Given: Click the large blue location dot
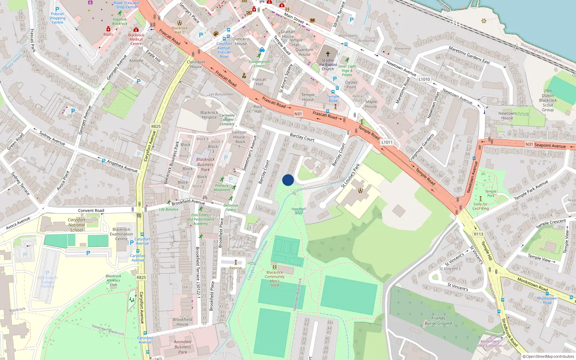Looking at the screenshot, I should pos(288,180).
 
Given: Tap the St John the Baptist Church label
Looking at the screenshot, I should pos(328,64).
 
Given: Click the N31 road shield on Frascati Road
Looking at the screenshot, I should pos(298,114).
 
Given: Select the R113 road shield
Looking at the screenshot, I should pos(478,234).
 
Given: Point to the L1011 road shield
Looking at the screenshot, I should pos(387,142).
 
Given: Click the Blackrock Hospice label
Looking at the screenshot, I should pos(209,115).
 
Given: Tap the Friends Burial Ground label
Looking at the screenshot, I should pos(438,320).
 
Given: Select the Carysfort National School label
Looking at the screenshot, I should pos(76,225).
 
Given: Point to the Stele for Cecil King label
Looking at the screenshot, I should pos(481,206).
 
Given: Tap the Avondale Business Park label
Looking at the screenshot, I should pos(183,347).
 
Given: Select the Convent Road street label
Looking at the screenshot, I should pos(91,211).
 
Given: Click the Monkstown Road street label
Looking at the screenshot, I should pos(532,284).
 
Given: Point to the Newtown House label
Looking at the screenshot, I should pos(507,116).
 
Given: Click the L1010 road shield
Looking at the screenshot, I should pos(424,79).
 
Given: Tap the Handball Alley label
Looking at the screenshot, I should pos(299,211).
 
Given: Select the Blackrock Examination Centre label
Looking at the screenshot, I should pos(121,234).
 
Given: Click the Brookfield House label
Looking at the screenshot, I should pos(183,321).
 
